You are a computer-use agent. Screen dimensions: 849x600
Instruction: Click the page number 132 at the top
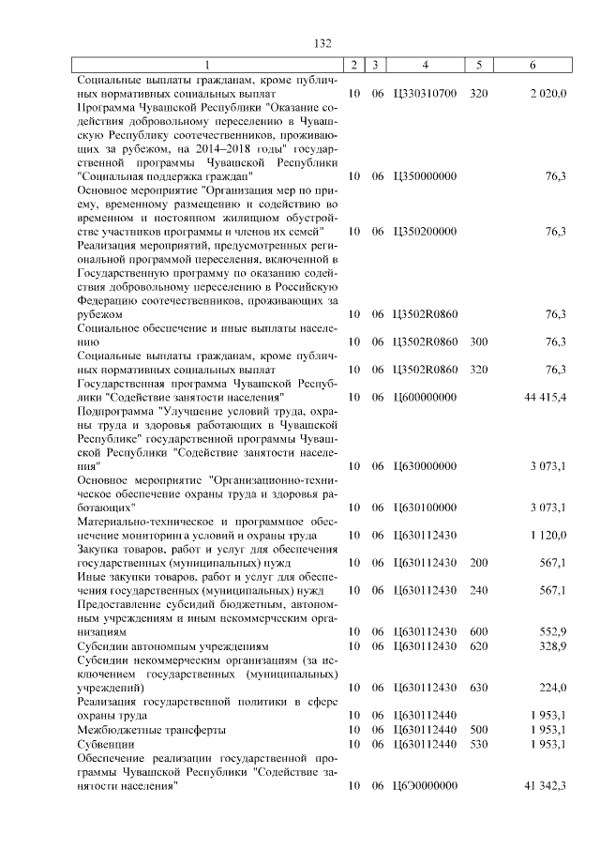click(322, 44)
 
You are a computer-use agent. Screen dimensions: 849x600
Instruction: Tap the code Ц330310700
click(425, 95)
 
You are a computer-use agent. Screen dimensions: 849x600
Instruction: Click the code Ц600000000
click(425, 398)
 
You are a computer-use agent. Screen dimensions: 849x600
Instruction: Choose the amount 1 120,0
click(547, 536)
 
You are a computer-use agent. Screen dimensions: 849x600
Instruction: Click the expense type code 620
click(479, 647)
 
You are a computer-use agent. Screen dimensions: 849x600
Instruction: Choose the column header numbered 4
click(426, 65)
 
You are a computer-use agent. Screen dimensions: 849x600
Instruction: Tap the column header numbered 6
click(532, 65)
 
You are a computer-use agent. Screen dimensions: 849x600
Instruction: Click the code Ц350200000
click(425, 232)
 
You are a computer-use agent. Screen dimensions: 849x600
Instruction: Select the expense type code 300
click(479, 342)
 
